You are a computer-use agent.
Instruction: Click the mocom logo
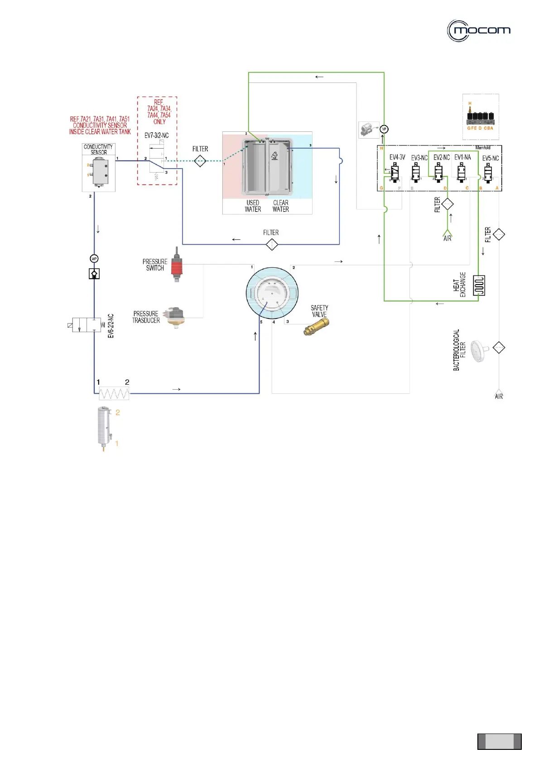(x=479, y=31)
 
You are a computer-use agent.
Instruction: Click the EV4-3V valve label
(x=397, y=157)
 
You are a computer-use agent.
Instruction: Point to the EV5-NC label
(x=491, y=158)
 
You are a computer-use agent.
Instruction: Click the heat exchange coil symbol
(x=479, y=285)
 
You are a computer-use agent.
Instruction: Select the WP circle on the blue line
(x=94, y=259)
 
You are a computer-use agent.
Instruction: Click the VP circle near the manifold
(x=384, y=129)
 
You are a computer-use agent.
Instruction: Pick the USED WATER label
(x=253, y=206)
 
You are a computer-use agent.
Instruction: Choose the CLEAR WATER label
(x=281, y=206)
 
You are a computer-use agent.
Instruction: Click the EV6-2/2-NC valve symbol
(x=87, y=325)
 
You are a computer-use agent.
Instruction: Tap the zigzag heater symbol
(x=114, y=393)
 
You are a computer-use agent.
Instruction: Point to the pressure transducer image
(x=175, y=316)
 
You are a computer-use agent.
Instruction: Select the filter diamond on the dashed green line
(x=200, y=161)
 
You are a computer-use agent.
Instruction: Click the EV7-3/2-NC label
(x=156, y=135)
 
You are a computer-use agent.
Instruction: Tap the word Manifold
(x=483, y=148)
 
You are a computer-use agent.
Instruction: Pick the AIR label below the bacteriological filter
(x=499, y=396)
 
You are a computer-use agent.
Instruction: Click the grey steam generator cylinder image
(x=104, y=426)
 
